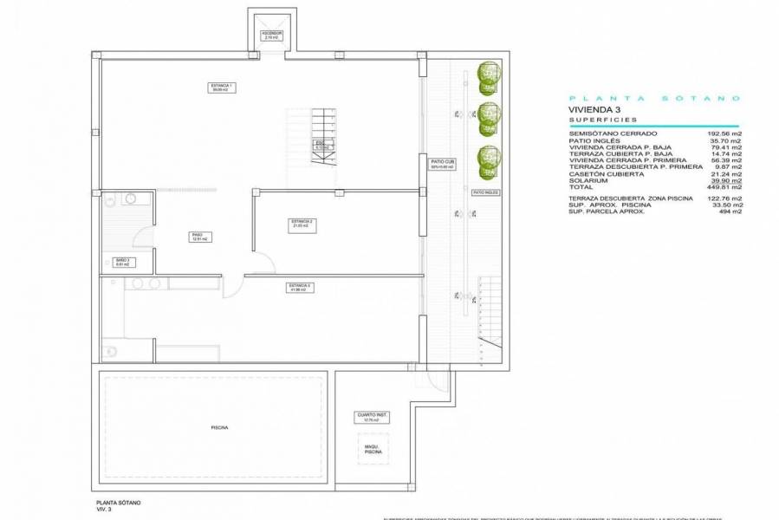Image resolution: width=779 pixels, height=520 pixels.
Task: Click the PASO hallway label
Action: [x=198, y=236]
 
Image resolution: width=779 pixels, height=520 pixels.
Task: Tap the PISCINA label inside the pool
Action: [x=217, y=427]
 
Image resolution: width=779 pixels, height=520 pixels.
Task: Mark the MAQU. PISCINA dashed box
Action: [x=373, y=450]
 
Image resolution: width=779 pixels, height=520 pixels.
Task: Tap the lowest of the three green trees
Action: [x=490, y=159]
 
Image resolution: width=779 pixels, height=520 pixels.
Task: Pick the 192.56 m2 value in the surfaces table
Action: [x=724, y=133]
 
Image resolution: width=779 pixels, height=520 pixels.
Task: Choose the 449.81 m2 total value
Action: [x=724, y=186]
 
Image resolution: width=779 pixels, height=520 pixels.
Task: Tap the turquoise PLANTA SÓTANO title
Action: [x=651, y=98]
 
